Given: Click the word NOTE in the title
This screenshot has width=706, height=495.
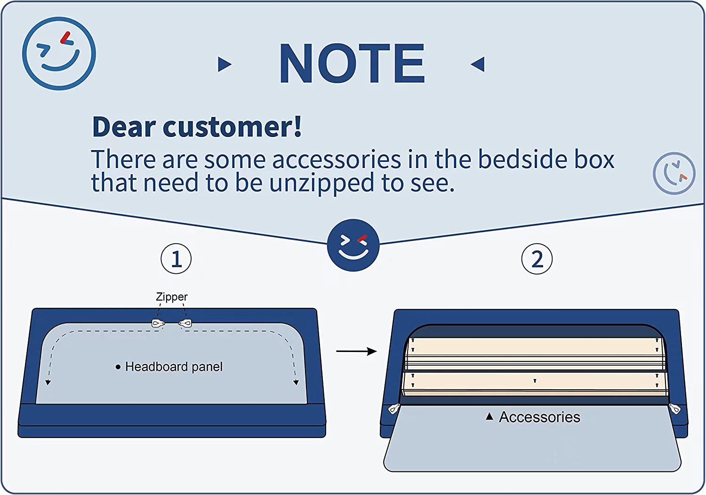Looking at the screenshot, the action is point(353,64).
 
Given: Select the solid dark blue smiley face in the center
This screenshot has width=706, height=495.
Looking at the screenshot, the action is point(353,245).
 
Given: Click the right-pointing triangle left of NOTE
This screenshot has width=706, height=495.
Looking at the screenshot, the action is point(225,64).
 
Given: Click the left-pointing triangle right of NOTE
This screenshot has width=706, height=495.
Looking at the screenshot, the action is point(478,64).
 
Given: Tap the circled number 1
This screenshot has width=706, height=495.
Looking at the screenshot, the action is point(176,259).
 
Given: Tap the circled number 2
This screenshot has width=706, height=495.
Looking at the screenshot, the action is point(537,259).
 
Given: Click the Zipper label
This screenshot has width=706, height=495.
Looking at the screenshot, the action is point(172,297).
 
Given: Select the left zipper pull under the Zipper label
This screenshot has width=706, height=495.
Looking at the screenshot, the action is point(158,323).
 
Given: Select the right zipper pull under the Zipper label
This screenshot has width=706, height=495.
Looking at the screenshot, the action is point(185,323).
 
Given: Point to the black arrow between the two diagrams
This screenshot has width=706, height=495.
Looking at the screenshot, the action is point(356,351).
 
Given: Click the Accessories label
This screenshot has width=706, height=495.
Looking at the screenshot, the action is point(539,417).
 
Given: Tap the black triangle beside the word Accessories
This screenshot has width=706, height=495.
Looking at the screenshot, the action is point(489,416).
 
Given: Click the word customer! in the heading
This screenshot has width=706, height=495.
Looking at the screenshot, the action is point(233,127).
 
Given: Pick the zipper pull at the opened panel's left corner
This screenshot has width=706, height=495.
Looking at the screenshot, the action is point(394,409).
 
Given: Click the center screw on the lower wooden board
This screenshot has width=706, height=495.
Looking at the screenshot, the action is point(535,381).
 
